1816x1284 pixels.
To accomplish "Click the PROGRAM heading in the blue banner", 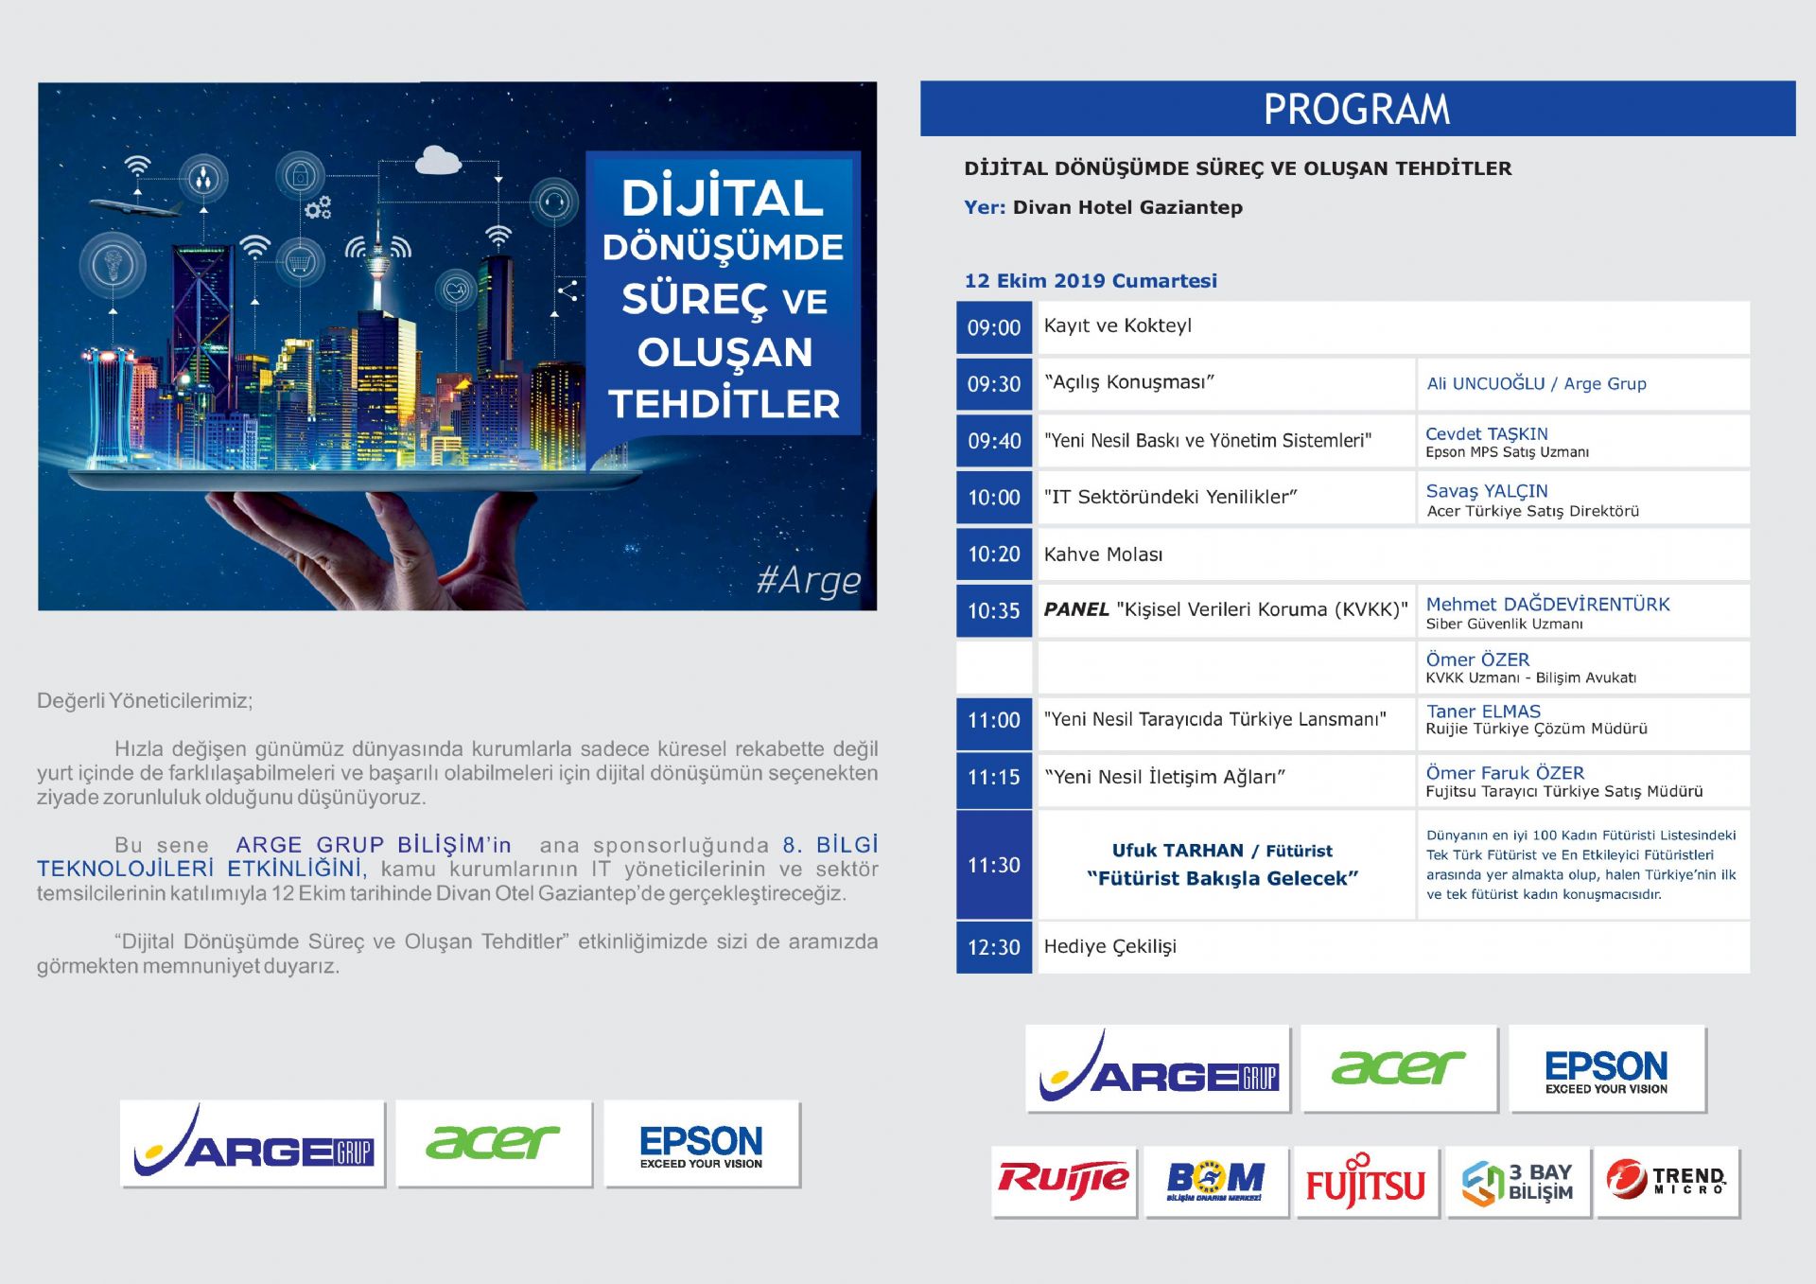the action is [x=1356, y=109].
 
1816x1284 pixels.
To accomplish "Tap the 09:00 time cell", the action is [x=994, y=327].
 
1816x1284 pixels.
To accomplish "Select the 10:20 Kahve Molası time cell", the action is [x=994, y=554].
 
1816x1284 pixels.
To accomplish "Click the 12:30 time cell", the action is [x=994, y=947].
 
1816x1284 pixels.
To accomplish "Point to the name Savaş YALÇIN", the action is [x=1487, y=491].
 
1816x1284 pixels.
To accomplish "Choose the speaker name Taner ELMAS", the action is [x=1483, y=711].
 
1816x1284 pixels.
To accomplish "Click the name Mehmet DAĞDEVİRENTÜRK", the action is [x=1547, y=604].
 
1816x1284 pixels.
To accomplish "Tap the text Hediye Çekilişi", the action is [x=1109, y=946].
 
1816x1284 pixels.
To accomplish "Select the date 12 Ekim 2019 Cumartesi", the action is [x=1091, y=280].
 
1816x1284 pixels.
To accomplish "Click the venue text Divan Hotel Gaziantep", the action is [x=1127, y=207].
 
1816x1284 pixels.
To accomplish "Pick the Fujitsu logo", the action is [x=1366, y=1182].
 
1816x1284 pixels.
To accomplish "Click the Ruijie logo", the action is [x=1064, y=1181].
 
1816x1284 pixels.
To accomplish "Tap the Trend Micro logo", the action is [x=1668, y=1182].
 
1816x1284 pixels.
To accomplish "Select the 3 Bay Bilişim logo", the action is [x=1517, y=1182].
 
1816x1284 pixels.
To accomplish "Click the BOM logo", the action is [x=1215, y=1182].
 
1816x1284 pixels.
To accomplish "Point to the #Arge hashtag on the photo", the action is [x=809, y=580].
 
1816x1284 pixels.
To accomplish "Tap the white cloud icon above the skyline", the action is [x=438, y=160].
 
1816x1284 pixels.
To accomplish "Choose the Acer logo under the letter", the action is [x=494, y=1143].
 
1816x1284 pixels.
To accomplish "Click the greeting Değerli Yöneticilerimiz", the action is [x=145, y=701].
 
